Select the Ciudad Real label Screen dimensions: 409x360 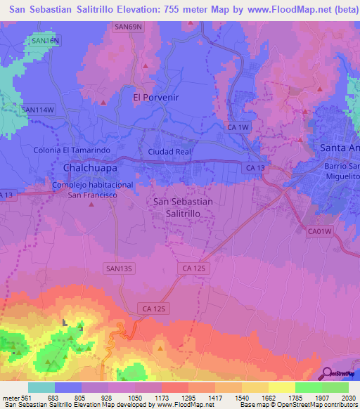coord(169,151)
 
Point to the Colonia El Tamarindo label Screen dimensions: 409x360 coord(72,150)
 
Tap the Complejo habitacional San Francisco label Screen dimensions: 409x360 coord(91,189)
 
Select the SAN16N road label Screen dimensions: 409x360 coord(46,41)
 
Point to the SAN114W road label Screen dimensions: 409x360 coord(37,110)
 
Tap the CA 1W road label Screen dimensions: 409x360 coord(238,126)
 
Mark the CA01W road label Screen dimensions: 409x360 coord(320,230)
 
